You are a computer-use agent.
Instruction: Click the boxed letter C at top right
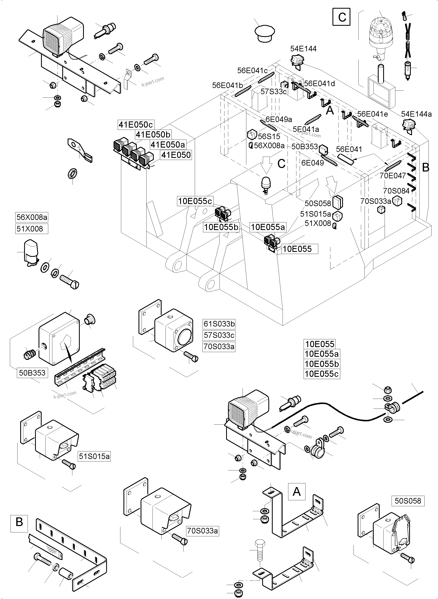point(342,17)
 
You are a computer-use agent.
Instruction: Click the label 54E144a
point(416,114)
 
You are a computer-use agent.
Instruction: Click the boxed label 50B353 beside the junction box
point(32,373)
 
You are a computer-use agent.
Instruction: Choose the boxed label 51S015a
point(94,456)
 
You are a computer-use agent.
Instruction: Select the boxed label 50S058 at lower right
point(408,501)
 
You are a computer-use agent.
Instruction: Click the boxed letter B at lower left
point(19,522)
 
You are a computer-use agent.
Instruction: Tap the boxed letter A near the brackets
point(296,492)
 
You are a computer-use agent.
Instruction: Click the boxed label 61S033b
point(219,324)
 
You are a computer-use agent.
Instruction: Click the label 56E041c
point(252,70)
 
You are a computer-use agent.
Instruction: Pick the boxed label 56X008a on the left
point(32,217)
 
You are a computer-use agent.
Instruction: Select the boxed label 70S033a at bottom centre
point(203,531)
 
